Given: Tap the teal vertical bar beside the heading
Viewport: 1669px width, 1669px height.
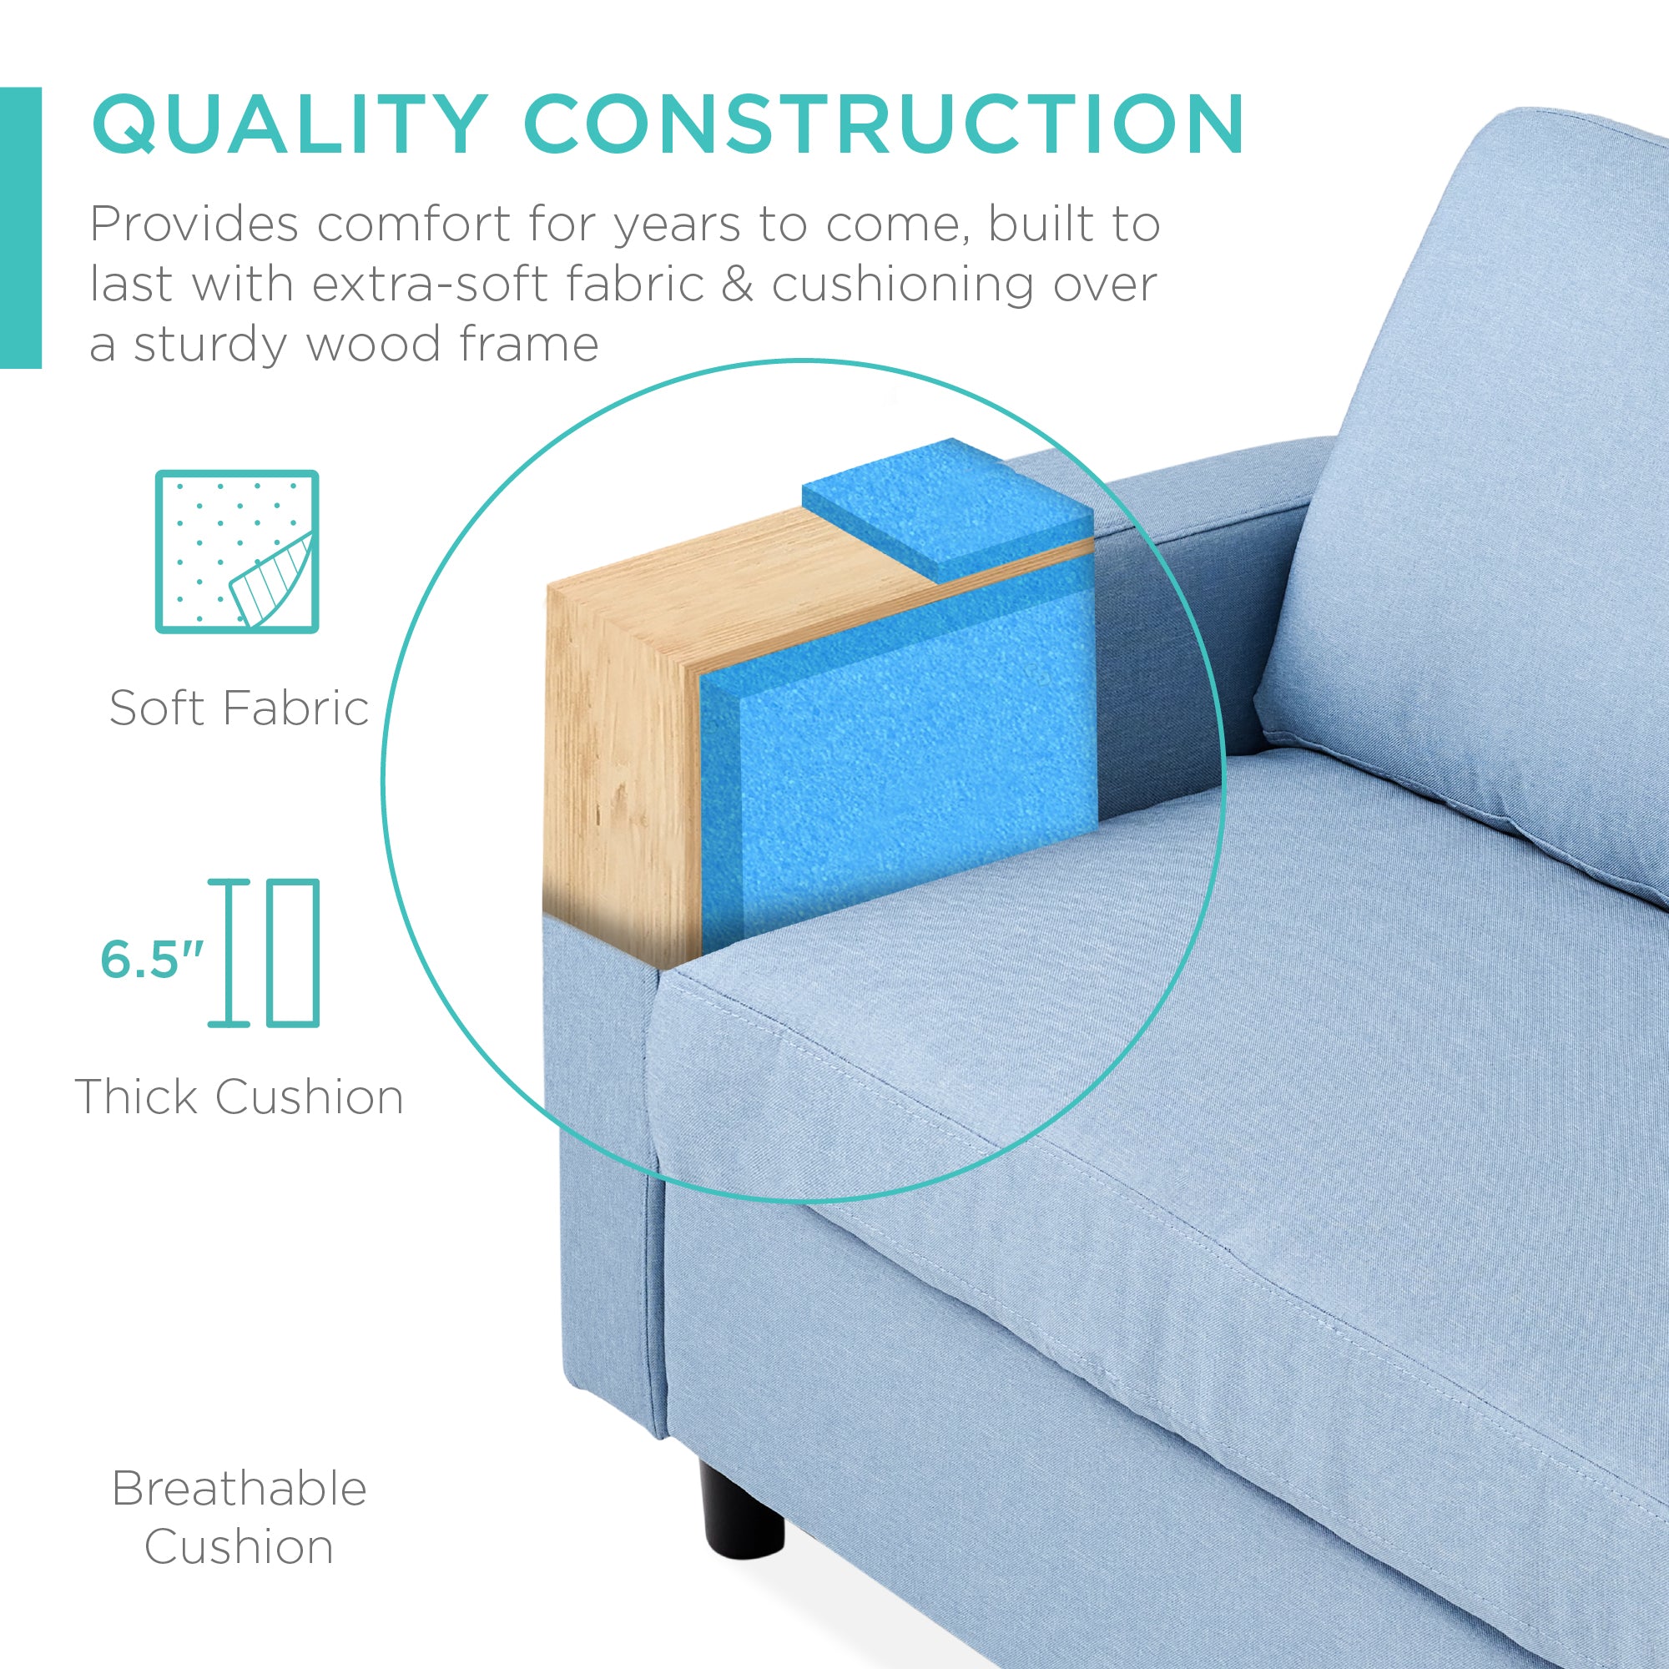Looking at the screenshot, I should point(20,228).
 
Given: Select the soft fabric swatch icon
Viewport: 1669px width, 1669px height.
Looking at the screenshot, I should point(237,551).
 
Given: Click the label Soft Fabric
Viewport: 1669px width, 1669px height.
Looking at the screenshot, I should point(240,708).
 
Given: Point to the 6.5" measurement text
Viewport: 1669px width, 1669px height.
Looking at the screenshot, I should point(152,959).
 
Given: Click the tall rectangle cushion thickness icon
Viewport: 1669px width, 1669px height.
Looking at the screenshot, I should point(293,953).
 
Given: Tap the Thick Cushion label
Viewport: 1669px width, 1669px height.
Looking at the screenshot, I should point(240,1097).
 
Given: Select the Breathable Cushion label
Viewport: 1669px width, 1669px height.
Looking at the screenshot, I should point(240,1517).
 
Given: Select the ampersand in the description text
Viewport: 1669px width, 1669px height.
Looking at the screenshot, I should point(737,285).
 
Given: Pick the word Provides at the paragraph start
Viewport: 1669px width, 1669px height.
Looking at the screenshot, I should point(194,224).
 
